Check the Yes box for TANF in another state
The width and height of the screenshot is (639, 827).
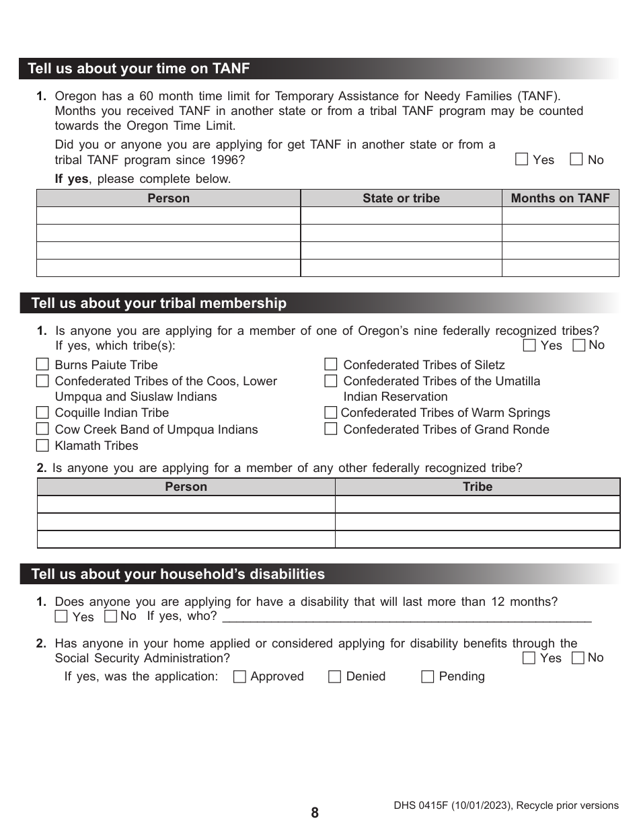[521, 159]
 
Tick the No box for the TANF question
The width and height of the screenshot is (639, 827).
[576, 159]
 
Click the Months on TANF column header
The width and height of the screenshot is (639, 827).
[560, 198]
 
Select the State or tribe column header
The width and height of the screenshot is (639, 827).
[401, 198]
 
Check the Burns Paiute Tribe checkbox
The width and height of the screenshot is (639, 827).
[42, 364]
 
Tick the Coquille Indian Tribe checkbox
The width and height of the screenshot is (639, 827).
[42, 412]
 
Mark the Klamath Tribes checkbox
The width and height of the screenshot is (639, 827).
[42, 445]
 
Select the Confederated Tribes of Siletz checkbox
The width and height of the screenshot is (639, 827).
[330, 364]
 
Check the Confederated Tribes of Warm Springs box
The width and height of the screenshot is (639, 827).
[330, 412]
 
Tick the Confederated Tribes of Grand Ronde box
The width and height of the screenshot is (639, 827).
[330, 429]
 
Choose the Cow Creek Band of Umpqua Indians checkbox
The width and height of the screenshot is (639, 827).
[42, 429]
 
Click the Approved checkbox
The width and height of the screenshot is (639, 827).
[239, 677]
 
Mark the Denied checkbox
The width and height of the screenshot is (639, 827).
[334, 677]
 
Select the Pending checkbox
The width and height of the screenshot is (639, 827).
[427, 677]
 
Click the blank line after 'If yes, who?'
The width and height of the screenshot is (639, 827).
[406, 617]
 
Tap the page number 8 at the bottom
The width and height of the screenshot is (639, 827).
[315, 812]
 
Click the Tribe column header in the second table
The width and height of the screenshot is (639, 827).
[477, 487]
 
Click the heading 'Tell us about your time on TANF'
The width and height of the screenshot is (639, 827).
[139, 69]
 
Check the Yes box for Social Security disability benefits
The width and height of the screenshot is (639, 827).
[529, 658]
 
